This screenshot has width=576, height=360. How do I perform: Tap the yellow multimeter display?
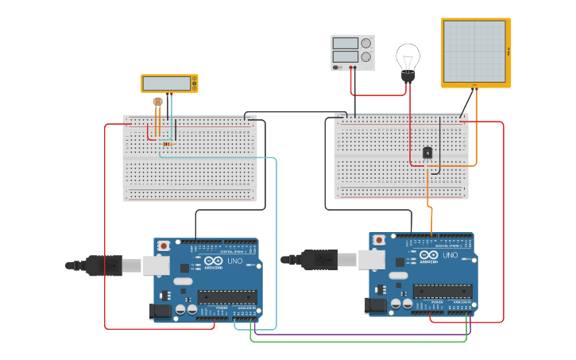[x=167, y=83]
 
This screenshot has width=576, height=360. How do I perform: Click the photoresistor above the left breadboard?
[x=157, y=102]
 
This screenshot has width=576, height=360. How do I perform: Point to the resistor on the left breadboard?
[x=165, y=144]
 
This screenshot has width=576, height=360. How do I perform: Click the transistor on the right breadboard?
[x=427, y=153]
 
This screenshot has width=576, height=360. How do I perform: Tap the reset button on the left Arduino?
[x=164, y=246]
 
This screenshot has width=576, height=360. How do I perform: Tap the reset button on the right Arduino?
[x=379, y=240]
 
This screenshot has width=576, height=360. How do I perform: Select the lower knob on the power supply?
[x=365, y=57]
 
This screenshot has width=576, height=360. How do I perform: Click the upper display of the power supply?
[x=346, y=44]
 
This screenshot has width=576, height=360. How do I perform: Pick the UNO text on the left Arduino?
[x=234, y=261]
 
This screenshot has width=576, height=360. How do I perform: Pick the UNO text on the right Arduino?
[x=450, y=256]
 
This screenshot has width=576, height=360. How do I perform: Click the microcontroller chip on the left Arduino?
[x=226, y=297]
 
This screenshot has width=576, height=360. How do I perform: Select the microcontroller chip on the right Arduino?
[x=442, y=291]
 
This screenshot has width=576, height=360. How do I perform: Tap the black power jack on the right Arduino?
[x=375, y=305]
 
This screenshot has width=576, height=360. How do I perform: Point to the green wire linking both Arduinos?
[x=358, y=342]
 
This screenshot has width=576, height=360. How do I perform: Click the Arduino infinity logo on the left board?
[x=213, y=261]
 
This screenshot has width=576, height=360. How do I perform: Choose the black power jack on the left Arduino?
[x=160, y=312]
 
